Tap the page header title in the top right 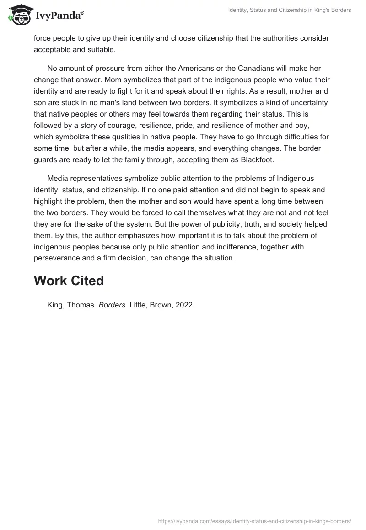click(x=290, y=10)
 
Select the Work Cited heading click(x=69, y=281)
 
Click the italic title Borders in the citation click(x=113, y=306)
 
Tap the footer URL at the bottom click(x=254, y=520)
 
